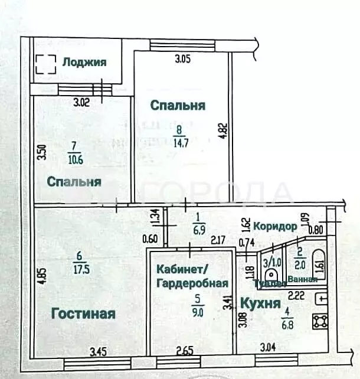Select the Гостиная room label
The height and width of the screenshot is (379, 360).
click(x=83, y=313)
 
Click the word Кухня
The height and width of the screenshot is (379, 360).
click(x=259, y=303)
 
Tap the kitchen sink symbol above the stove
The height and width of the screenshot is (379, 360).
click(x=322, y=298)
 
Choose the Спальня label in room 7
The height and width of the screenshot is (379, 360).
click(x=74, y=182)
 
